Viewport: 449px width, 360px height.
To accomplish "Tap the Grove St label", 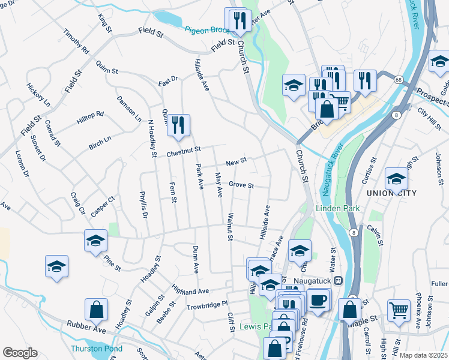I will [241, 185].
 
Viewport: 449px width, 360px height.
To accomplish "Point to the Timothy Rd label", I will [76, 43].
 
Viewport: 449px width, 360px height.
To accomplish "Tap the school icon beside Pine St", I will [96, 241].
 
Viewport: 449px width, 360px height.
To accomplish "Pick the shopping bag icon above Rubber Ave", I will [96, 310].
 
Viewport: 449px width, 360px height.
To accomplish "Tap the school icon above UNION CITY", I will [396, 179].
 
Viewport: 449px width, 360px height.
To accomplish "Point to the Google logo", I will [20, 353].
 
